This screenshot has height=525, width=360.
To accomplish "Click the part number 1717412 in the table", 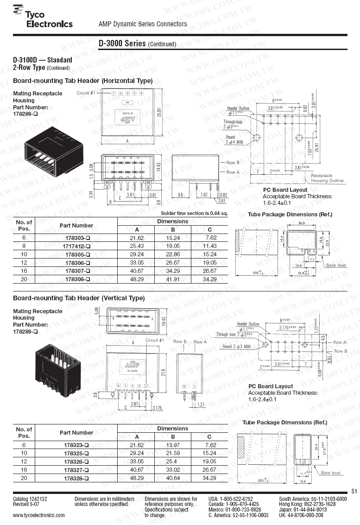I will [x=76, y=246].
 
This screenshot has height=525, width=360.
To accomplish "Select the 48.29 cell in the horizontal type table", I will [x=137, y=279].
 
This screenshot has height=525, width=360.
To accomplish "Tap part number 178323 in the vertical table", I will [x=76, y=444].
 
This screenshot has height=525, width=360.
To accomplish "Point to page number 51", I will [x=354, y=491].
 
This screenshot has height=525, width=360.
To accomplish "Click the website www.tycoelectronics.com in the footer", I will [x=39, y=515].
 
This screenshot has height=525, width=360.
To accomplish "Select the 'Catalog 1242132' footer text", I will [x=30, y=499].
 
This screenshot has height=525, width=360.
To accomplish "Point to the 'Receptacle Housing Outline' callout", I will [x=327, y=178].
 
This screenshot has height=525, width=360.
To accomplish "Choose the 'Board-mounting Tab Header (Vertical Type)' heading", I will [x=79, y=298].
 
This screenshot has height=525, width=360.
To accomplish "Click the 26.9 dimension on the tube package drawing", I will [x=301, y=223].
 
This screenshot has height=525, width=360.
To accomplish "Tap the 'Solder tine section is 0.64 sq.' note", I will [x=195, y=213].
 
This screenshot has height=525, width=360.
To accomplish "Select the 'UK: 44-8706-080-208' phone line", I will [x=301, y=515].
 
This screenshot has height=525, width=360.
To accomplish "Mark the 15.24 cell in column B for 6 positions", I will [x=173, y=237].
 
